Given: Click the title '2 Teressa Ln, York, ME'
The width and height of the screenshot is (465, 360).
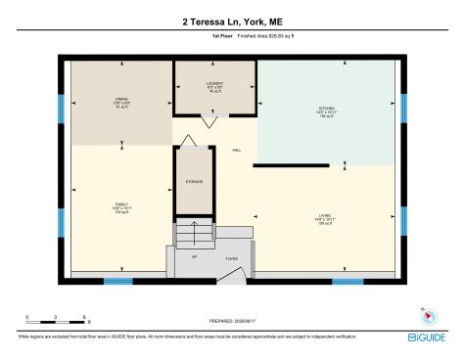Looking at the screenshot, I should tap(231, 21).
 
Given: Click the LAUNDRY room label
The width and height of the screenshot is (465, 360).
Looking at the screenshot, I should tap(215, 84).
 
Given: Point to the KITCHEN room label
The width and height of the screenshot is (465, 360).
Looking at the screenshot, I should tap(327, 109).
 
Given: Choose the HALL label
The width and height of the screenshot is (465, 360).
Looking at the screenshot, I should tap(236, 150).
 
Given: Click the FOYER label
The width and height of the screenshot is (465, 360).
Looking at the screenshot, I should tap(232, 259).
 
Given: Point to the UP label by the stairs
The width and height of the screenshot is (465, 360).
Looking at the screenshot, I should tap(193, 257).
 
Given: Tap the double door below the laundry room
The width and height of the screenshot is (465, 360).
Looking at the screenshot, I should tap(209, 122).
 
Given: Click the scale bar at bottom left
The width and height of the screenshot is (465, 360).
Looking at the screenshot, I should tap(57, 316).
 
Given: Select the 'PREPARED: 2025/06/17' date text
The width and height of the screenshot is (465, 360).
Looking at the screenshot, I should tap(231, 321).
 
